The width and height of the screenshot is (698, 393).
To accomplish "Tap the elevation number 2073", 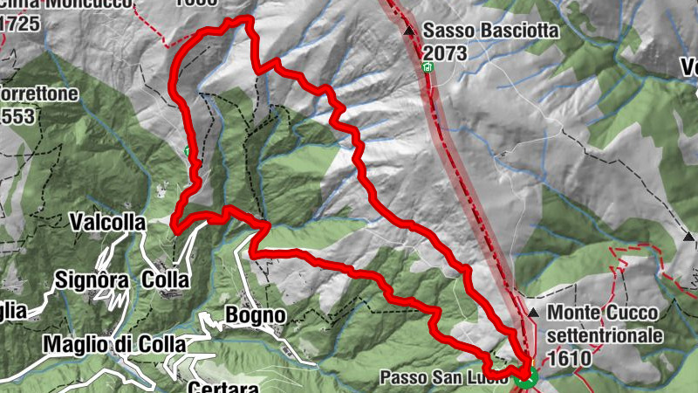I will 445,53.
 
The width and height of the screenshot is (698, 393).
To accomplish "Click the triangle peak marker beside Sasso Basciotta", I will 409,31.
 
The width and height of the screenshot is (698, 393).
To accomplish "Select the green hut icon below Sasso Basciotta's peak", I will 427,67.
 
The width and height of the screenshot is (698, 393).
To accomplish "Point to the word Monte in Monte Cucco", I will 573,313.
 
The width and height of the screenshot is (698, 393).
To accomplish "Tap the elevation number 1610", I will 571,357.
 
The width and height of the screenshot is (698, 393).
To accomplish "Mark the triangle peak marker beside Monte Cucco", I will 533,312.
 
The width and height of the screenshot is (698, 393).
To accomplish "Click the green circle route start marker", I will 524,377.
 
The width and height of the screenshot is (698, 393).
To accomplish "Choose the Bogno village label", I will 255,314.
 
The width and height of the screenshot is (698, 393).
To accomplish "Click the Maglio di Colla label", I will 116,345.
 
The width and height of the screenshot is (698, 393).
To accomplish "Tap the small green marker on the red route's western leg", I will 188,151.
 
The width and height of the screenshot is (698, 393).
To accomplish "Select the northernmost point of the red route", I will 240,17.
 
